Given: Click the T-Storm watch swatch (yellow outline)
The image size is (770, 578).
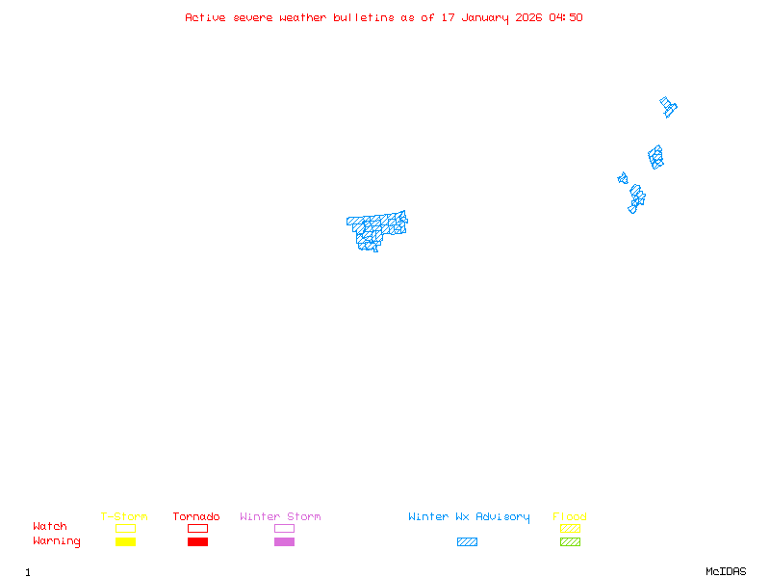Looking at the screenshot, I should [125, 528].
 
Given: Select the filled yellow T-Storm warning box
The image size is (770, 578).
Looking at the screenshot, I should [125, 541].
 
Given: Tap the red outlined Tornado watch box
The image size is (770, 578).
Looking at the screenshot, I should [197, 528].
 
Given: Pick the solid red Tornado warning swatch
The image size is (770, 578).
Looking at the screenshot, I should [197, 541].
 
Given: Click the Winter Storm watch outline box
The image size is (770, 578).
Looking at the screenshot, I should [284, 528].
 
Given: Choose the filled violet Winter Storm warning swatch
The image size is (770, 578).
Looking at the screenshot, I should [284, 541].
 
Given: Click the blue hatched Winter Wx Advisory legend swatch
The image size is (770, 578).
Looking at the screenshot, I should [467, 541].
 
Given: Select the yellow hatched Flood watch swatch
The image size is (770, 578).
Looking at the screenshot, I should [570, 528].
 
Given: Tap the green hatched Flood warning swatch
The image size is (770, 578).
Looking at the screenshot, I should [570, 541].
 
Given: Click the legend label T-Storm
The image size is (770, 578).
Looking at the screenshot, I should [124, 516].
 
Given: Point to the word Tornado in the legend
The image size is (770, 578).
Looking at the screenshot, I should [196, 516].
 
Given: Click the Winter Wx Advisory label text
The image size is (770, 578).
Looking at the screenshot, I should [469, 516].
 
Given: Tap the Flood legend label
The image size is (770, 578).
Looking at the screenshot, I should [570, 516].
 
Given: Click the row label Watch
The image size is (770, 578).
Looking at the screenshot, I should [50, 527].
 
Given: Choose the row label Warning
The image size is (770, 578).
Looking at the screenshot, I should [57, 541].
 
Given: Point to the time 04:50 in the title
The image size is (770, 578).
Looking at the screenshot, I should [566, 17].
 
